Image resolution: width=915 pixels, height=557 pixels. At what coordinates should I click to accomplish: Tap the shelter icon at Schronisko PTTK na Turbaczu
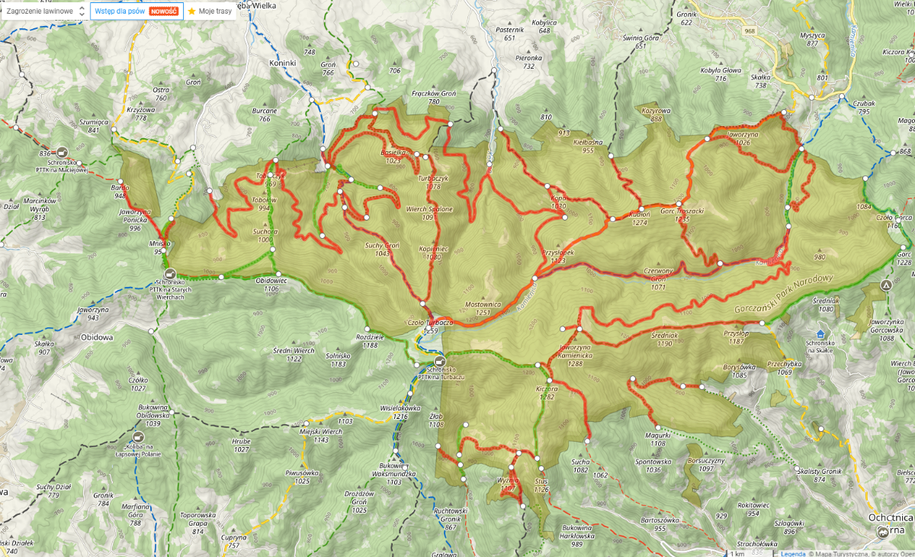coord(438,361)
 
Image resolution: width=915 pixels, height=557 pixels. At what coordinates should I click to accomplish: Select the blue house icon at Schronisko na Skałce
coord(820,334)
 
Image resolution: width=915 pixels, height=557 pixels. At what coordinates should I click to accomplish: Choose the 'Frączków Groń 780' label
coord(435,98)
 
